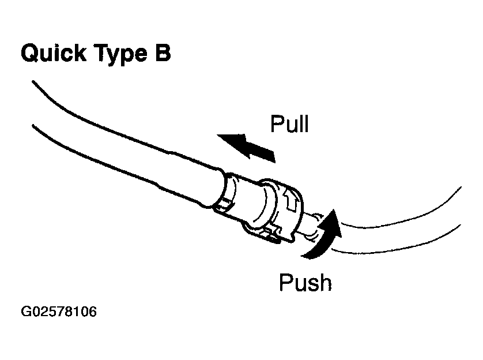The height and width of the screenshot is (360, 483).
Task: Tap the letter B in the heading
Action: [163, 53]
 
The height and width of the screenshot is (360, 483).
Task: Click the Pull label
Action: [289, 124]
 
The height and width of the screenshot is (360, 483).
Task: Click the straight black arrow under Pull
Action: [245, 145]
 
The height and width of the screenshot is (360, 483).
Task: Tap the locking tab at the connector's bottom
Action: [265, 233]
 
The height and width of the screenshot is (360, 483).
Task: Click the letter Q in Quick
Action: [31, 54]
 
